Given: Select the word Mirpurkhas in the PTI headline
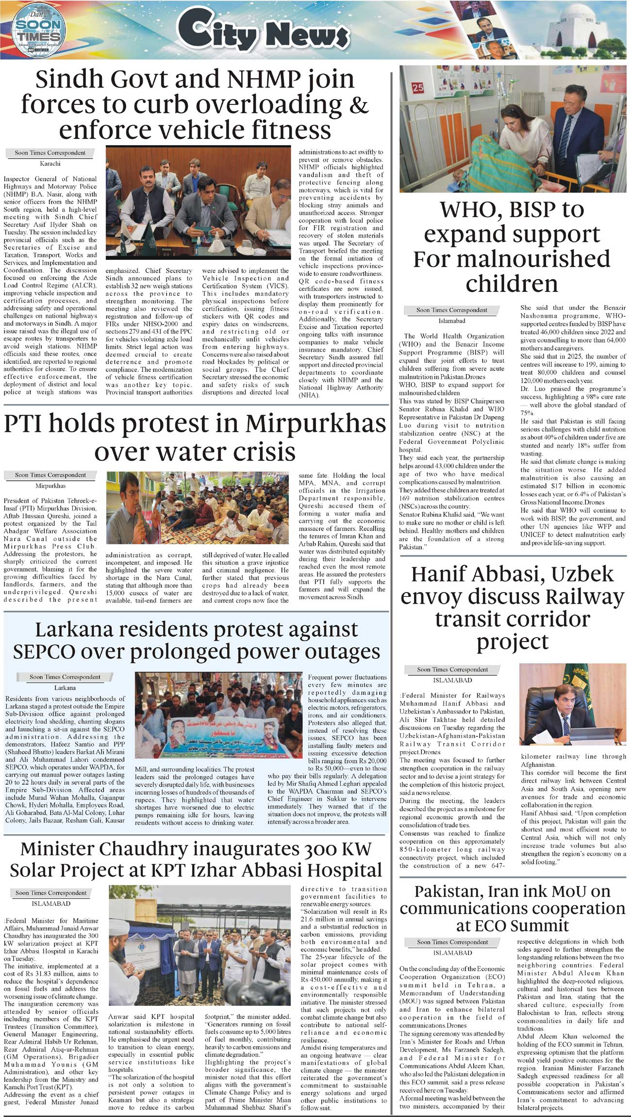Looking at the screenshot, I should pos(315,424).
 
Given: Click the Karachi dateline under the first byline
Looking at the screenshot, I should pos(50,164).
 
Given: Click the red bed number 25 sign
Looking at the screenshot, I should pos(418,88).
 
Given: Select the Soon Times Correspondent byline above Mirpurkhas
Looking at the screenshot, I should pos(50,475).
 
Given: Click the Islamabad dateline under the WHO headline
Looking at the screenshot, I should pos(451,321).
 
